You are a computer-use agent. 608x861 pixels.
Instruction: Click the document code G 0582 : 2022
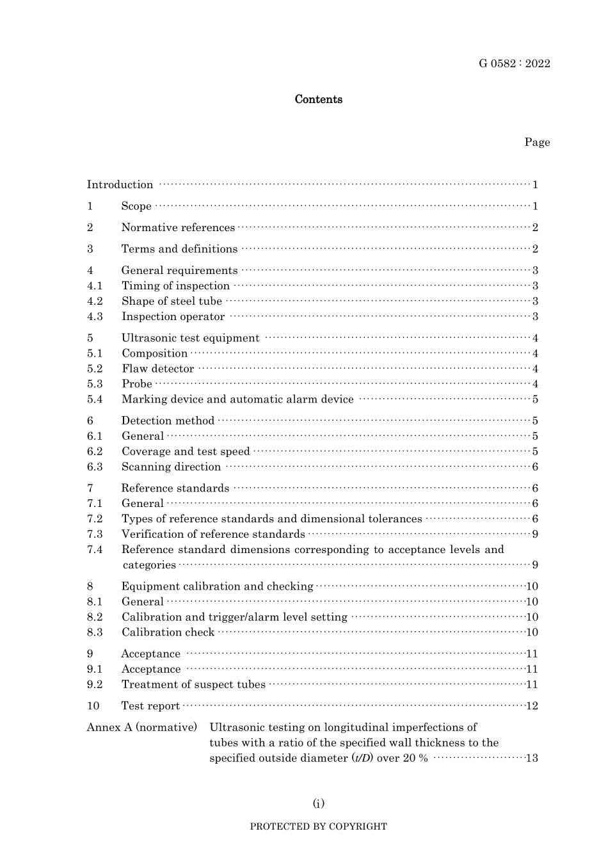514,63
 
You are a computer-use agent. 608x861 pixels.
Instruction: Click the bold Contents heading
318,99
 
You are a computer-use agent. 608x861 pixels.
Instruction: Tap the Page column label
537,142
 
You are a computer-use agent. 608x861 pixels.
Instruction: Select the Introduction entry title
120,185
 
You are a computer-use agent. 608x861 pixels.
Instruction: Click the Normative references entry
178,228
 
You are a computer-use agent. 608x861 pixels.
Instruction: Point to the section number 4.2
95,302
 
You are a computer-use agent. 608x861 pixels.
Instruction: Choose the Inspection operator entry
173,317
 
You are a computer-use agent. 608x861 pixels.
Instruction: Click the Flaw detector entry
157,369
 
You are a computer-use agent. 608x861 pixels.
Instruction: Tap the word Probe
137,384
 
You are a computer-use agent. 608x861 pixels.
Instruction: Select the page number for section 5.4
535,399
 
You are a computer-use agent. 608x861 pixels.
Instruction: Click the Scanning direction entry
171,467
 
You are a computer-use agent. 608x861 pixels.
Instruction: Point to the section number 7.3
95,535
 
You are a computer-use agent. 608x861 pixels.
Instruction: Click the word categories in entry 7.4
149,565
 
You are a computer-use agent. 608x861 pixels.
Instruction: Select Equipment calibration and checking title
217,586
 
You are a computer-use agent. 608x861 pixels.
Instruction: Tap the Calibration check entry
168,632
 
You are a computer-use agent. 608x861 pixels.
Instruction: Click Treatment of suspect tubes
193,684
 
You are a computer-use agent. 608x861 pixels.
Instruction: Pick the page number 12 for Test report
532,706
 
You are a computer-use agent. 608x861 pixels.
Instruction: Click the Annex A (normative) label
141,728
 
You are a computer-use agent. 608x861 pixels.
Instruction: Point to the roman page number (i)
318,803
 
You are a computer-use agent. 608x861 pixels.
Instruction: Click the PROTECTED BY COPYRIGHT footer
318,826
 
